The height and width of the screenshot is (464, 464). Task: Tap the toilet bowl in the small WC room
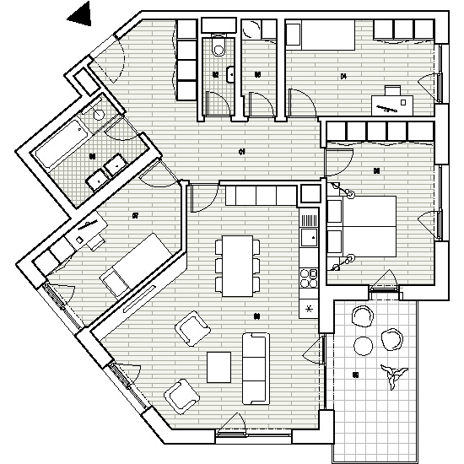tap(218, 49)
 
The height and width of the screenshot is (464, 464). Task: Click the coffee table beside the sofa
tap(219, 368)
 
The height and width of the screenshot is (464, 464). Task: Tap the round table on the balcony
tap(364, 346)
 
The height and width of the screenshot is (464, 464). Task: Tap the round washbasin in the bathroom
tap(99, 113)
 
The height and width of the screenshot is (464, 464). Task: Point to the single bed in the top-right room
tap(321, 38)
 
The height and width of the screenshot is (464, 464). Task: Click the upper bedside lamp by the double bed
tap(343, 193)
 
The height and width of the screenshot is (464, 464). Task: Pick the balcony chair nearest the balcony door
tap(362, 316)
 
